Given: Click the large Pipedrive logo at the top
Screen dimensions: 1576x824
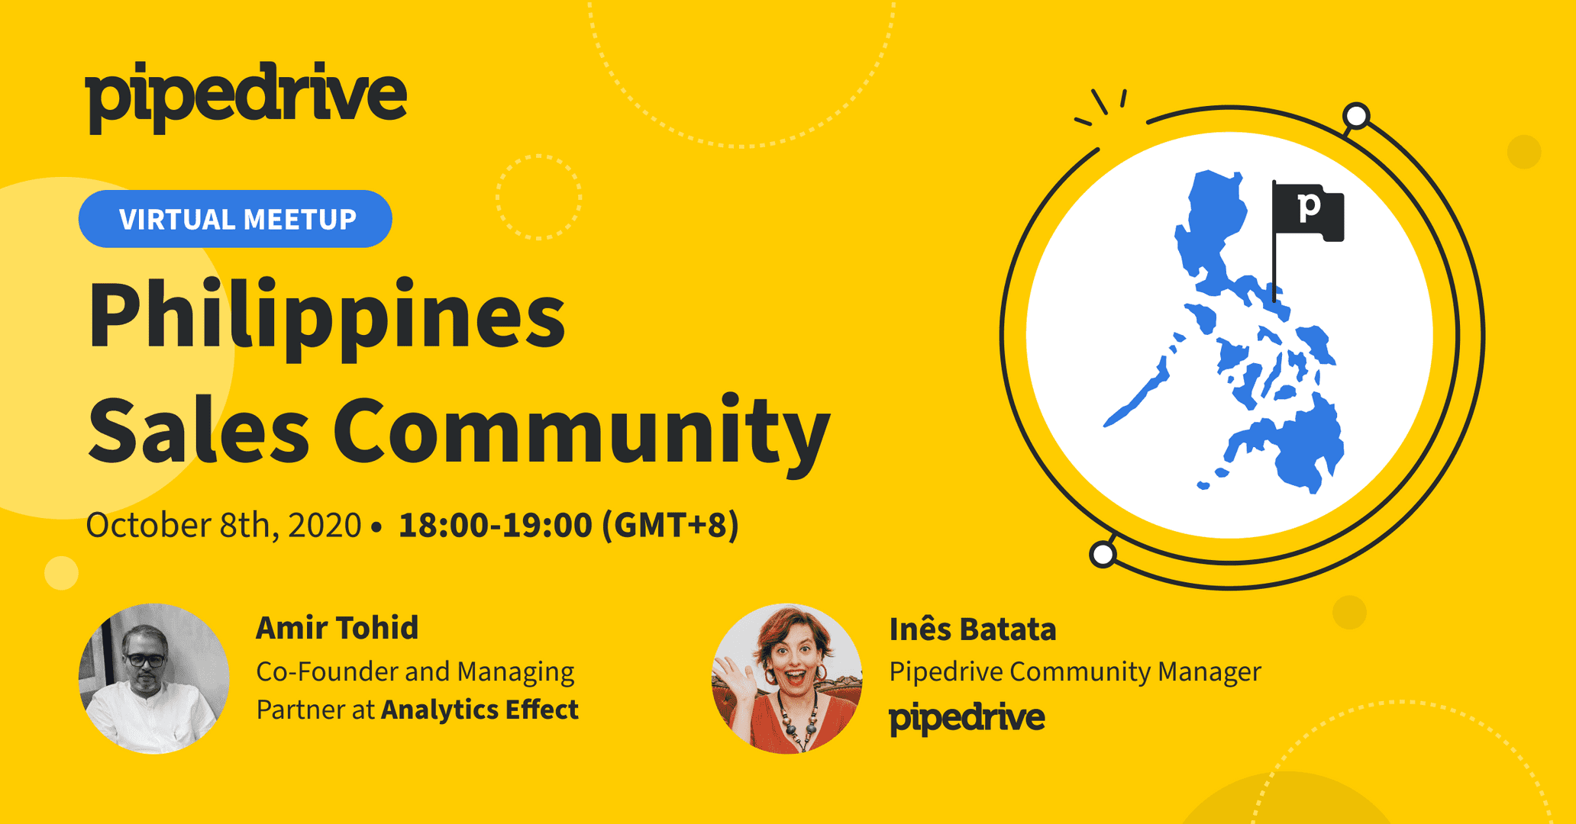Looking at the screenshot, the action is [x=246, y=97].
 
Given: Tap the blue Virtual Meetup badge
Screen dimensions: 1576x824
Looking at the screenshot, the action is [x=235, y=219].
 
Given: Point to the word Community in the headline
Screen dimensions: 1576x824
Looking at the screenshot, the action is [x=582, y=433].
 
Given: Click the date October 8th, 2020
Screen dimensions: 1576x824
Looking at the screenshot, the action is [x=223, y=525].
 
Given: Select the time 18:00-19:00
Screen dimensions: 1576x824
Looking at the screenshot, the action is [x=496, y=525].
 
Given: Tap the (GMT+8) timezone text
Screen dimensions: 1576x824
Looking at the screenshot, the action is [x=670, y=525].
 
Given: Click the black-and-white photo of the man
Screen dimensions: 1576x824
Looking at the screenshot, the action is [x=154, y=679].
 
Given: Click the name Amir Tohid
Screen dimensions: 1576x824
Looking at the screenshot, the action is [x=337, y=628].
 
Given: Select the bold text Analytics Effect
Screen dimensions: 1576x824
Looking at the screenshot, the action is [x=480, y=710].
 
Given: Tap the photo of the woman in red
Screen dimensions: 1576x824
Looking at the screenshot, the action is [x=786, y=679].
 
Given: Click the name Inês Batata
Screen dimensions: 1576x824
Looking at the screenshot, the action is [x=973, y=629].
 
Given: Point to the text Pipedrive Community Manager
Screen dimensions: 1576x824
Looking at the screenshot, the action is [x=1075, y=671].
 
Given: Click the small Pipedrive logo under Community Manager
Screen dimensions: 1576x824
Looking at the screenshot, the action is [x=967, y=718].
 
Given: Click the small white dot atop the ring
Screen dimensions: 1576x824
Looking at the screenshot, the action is [x=1356, y=116].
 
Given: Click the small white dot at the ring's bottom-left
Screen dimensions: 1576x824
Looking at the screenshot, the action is [x=1103, y=555].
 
